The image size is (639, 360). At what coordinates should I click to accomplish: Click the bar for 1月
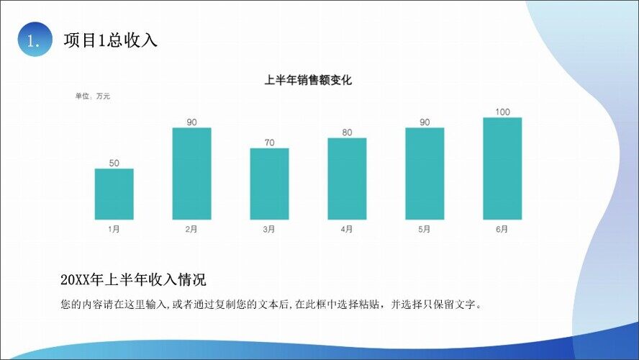point(114,194)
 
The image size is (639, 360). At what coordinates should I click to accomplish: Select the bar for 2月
point(191,174)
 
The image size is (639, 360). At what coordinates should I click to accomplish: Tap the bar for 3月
point(269,184)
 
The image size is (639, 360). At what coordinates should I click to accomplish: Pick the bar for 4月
point(347,179)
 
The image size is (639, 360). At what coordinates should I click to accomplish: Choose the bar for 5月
point(425,174)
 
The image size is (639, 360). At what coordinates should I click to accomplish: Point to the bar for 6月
point(502,168)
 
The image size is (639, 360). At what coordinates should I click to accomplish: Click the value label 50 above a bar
point(114,163)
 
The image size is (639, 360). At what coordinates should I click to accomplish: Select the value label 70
point(269,143)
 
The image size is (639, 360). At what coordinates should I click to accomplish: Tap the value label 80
point(347,132)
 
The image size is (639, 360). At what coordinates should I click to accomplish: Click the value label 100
point(502,112)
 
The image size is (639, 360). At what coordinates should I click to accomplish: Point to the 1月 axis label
point(114,230)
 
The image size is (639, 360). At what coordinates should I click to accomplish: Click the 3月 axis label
point(269,230)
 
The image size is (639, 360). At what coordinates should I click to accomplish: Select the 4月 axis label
point(347,230)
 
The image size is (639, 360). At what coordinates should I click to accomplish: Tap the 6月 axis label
point(502,230)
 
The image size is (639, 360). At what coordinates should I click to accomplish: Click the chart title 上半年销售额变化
point(308,81)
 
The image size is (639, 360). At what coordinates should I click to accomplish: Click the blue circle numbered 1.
point(35,40)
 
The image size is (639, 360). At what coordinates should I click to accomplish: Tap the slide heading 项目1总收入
point(110,40)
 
